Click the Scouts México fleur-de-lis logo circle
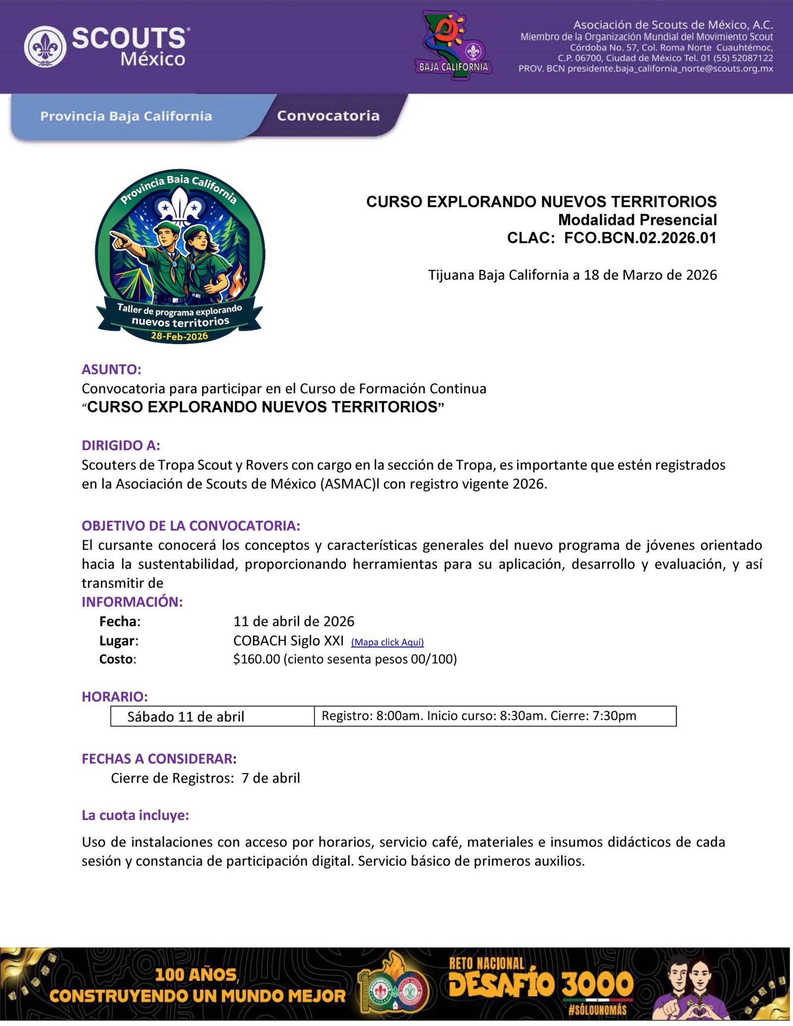pos(45,47)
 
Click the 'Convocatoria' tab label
pos(328,116)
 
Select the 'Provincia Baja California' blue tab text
pos(126,116)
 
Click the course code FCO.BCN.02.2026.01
pos(640,238)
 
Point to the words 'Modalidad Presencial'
pos(637,220)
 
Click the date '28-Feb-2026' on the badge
pos(179,336)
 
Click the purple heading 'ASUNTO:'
pos(112,370)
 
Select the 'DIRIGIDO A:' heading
pos(121,445)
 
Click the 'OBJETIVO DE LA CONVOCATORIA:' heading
pos(191,526)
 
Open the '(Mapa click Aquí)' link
pos(387,642)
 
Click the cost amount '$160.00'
pos(257,659)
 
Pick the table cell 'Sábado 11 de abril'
pos(186,717)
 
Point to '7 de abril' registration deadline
pos(271,778)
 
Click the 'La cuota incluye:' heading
pos(135,815)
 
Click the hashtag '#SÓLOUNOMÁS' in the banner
pos(597,1011)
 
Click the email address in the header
pos(670,69)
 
